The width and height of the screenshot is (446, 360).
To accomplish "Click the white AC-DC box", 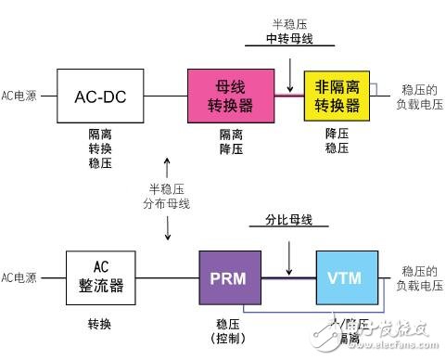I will click(98, 96).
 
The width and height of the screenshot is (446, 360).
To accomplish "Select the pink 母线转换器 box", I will click(224, 95).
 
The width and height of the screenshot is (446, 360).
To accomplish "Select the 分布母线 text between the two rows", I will click(168, 204).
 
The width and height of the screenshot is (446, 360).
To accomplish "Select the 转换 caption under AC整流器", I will click(98, 325).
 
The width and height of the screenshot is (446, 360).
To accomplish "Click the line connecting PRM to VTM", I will click(288, 276).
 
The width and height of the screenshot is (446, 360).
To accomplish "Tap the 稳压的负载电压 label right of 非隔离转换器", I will click(416, 94).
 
